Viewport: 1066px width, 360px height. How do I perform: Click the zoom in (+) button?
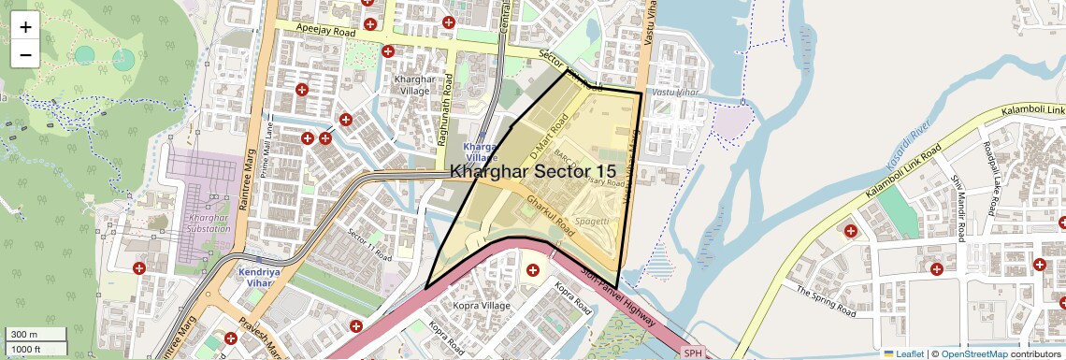25,27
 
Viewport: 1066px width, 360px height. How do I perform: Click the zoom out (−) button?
25,54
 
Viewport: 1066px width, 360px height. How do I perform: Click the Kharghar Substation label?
202,223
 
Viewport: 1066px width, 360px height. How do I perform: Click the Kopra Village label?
481,306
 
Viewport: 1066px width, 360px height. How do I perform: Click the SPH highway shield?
692,353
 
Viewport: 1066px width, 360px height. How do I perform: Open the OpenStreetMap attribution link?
973,353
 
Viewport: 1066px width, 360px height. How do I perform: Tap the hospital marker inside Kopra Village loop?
533,270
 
